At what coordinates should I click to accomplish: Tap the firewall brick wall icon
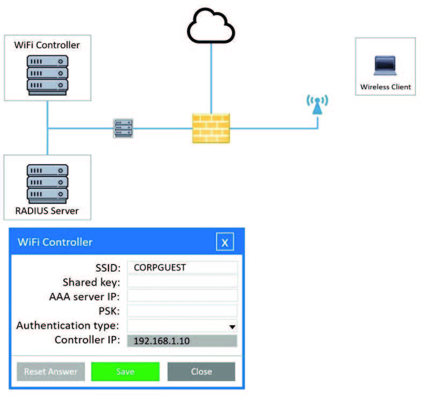tap(211, 128)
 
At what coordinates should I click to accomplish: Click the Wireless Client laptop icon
tap(385, 67)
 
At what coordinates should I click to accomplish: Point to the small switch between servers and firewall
tap(123, 128)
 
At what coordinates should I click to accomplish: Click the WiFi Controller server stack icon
tap(47, 73)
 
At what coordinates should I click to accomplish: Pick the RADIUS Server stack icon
tap(47, 182)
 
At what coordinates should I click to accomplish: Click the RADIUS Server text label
tap(47, 210)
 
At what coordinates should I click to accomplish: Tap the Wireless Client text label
tap(385, 87)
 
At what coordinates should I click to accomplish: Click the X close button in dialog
tap(225, 242)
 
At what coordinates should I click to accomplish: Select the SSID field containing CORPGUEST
tap(182, 267)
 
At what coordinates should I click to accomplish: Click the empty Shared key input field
tap(182, 282)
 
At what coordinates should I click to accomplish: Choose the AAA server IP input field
tap(182, 296)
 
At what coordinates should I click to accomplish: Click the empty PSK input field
tap(182, 311)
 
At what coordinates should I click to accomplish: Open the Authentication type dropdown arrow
tap(232, 326)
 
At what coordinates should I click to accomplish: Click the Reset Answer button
tap(50, 371)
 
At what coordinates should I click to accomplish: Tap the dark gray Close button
tap(201, 371)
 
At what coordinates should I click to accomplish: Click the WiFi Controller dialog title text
tap(55, 242)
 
